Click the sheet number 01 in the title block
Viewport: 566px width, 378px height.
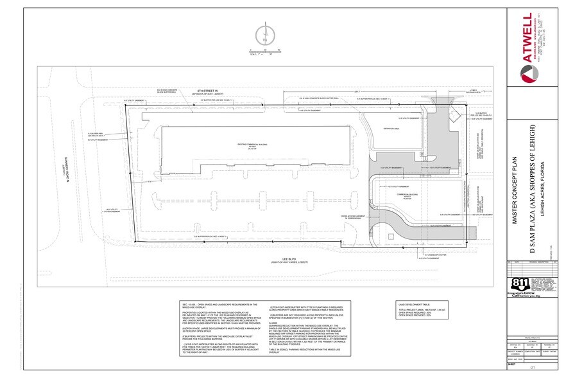point(532,367)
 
